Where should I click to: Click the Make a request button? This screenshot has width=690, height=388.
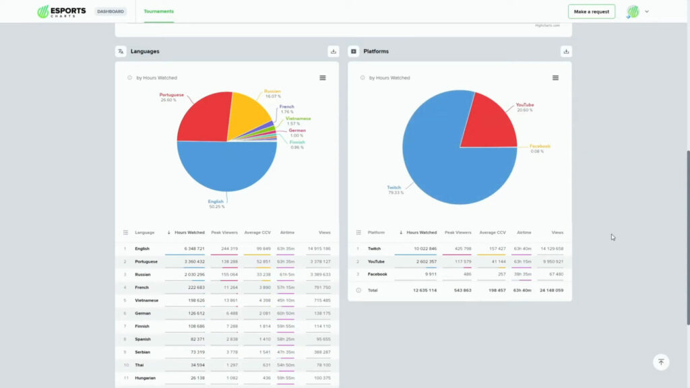click(591, 11)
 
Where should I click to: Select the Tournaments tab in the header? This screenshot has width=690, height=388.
click(159, 11)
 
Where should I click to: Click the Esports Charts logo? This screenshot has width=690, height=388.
click(61, 11)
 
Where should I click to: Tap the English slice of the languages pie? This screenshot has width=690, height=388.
click(226, 172)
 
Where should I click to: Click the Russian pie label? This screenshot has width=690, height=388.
click(272, 91)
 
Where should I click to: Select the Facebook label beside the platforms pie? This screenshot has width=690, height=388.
click(540, 146)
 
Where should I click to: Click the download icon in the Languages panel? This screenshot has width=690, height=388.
click(334, 51)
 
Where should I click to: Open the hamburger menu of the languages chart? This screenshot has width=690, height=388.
click(323, 77)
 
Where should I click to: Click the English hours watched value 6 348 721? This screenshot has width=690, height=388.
click(189, 249)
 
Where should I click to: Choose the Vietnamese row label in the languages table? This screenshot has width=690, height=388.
click(146, 300)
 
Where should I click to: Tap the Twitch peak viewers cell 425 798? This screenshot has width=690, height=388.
click(458, 249)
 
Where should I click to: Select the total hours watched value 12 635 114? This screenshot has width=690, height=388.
click(422, 290)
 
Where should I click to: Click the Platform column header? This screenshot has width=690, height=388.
click(376, 232)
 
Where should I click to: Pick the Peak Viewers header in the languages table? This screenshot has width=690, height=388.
click(224, 232)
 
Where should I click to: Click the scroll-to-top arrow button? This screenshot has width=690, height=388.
click(661, 362)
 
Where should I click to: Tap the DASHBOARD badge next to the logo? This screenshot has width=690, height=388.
click(111, 11)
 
